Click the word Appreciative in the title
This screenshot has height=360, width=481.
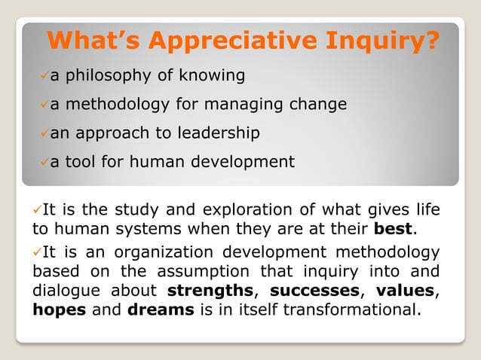(238, 39)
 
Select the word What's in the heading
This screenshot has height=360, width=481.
(96, 39)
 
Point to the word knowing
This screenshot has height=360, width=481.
(212, 75)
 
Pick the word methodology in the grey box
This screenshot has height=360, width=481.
(114, 104)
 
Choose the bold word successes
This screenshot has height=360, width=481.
(313, 290)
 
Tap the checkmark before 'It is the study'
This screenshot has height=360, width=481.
(37, 209)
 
